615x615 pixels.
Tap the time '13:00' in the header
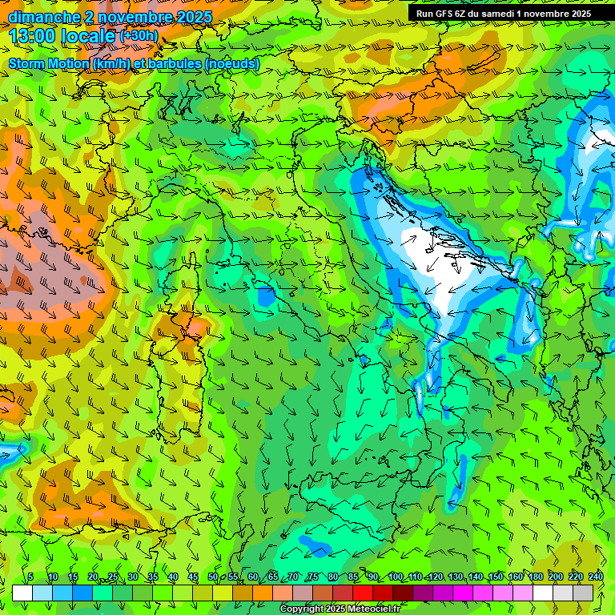point(35,36)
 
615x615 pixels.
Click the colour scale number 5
point(31,577)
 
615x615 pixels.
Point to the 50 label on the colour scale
point(213,577)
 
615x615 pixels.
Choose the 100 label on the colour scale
point(395,577)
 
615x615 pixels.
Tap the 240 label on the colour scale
point(595,577)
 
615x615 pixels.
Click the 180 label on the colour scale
point(535,577)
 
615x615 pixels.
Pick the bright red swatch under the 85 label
point(363,593)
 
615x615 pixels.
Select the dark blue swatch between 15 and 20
point(82,593)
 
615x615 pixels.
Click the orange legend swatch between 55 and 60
point(243,593)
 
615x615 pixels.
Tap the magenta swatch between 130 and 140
point(463,593)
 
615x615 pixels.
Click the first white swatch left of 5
point(22,593)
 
